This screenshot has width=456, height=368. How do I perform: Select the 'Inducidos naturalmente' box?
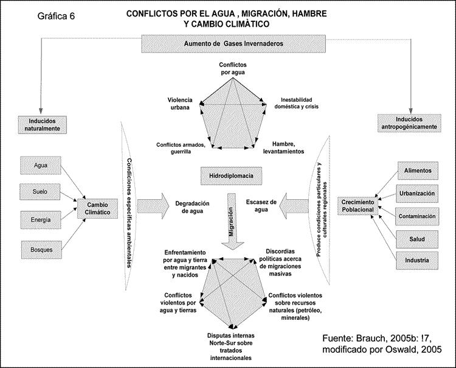pos(42,124)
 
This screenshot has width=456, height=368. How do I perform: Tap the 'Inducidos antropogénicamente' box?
pos(407,122)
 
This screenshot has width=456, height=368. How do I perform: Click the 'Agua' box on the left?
pos(41,165)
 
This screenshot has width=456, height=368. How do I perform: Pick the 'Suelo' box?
pos(41,192)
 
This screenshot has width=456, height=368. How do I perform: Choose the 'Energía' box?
pos(41,219)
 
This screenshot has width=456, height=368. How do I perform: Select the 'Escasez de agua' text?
pos(261,205)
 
